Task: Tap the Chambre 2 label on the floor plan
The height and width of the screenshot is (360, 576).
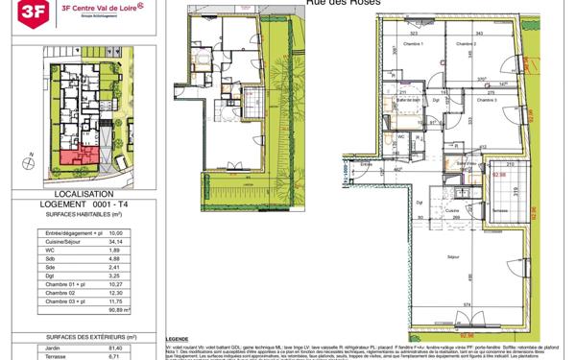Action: pyautogui.click(x=466, y=44)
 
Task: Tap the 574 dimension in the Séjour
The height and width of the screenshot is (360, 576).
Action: pyautogui.click(x=468, y=304)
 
